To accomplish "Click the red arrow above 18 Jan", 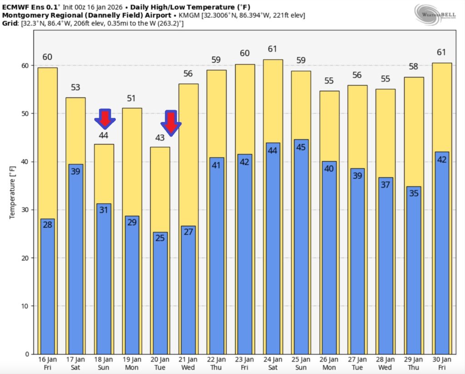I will coord(104,118).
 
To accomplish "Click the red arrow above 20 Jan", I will coord(170,122).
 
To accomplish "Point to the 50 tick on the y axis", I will coord(26,114).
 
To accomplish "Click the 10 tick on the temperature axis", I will coord(26,306).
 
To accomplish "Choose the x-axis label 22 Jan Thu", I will coord(216,363).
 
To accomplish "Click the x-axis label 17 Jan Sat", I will coord(75,363).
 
